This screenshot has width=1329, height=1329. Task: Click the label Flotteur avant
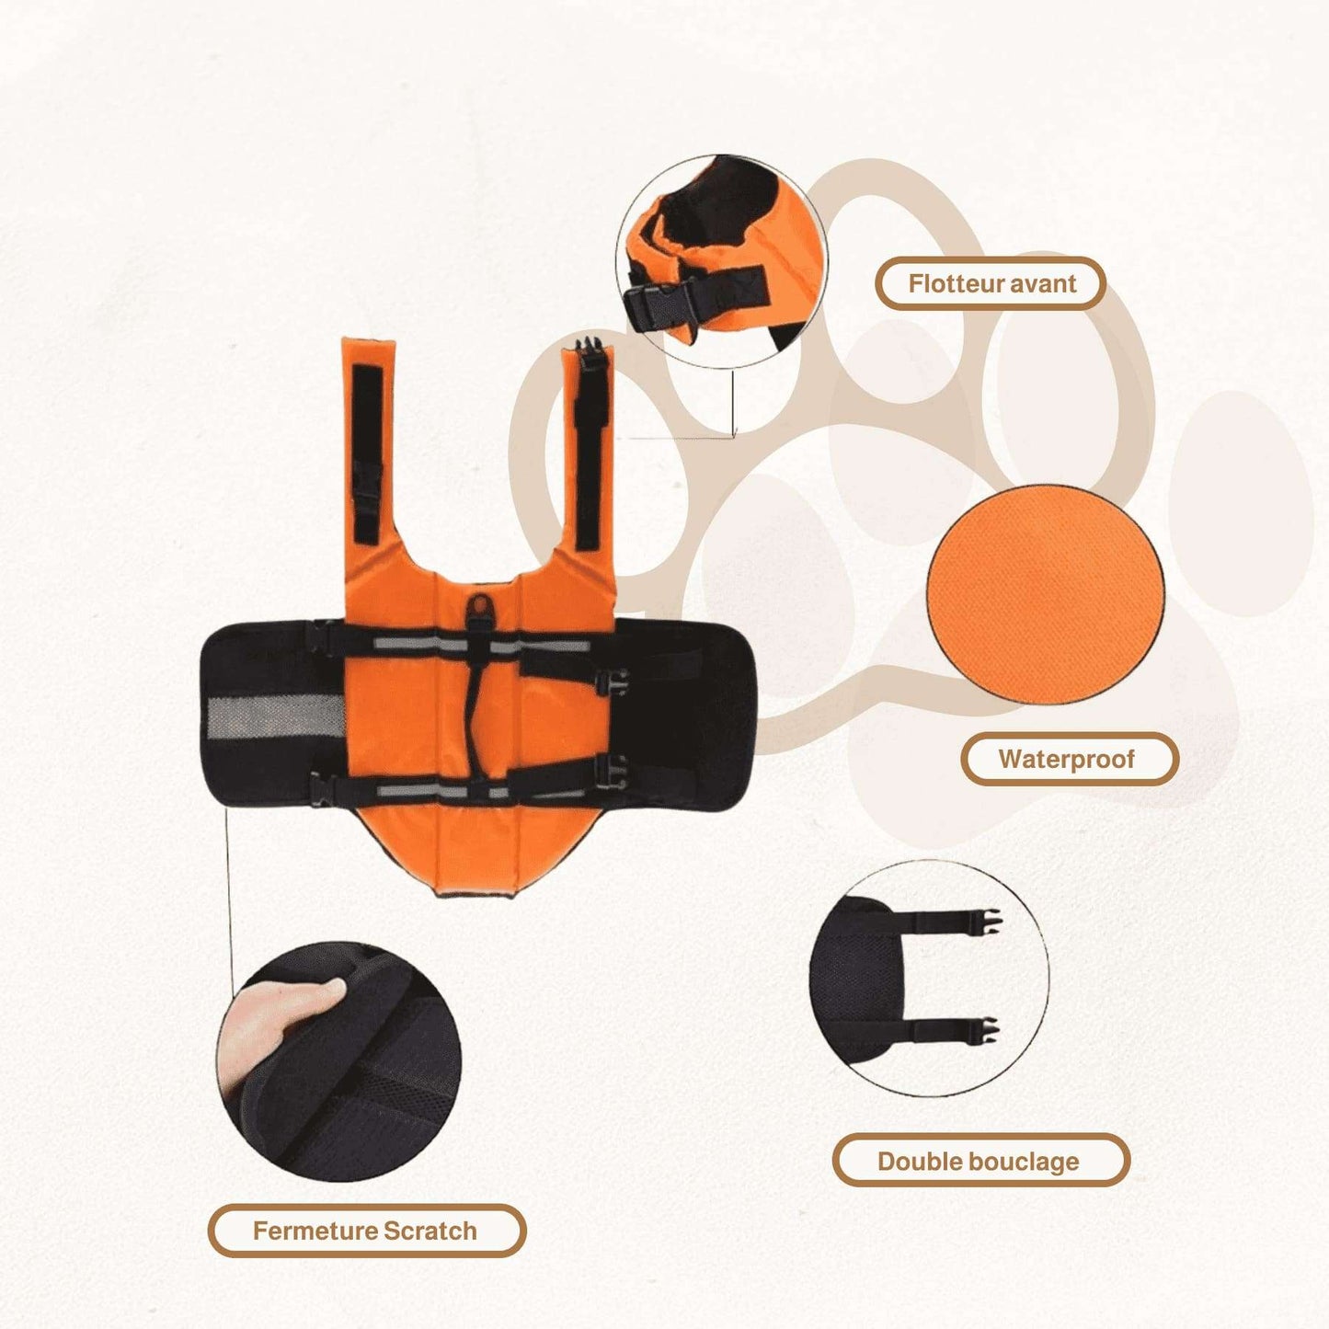pos(991,283)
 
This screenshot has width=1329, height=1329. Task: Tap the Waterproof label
pos(1069,759)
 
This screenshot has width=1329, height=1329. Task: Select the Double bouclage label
pos(980,1161)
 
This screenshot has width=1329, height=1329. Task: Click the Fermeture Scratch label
pos(366,1231)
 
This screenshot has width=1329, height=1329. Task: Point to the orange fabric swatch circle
pos(1046,594)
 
